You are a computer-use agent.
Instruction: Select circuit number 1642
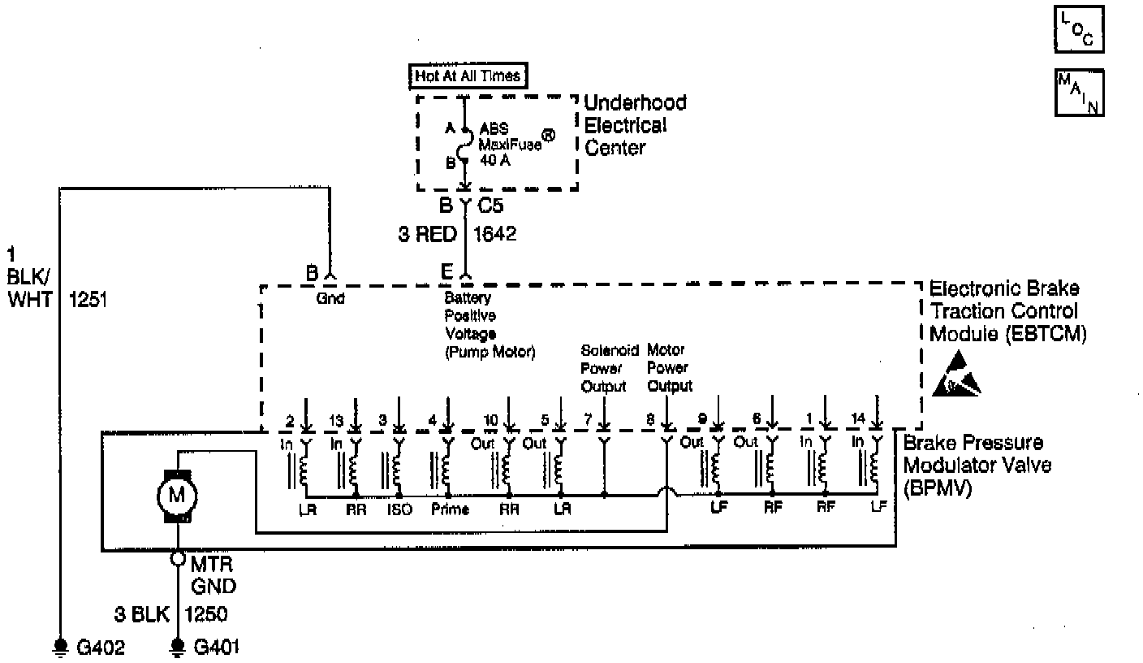click(x=494, y=234)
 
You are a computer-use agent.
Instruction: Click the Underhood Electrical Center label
click(x=635, y=125)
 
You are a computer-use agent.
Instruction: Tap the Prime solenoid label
click(x=446, y=510)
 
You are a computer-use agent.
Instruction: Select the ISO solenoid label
click(x=400, y=510)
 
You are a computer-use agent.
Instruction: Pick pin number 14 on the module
click(x=858, y=420)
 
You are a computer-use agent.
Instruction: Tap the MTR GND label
click(x=214, y=574)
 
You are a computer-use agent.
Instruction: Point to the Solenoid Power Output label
click(x=604, y=368)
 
